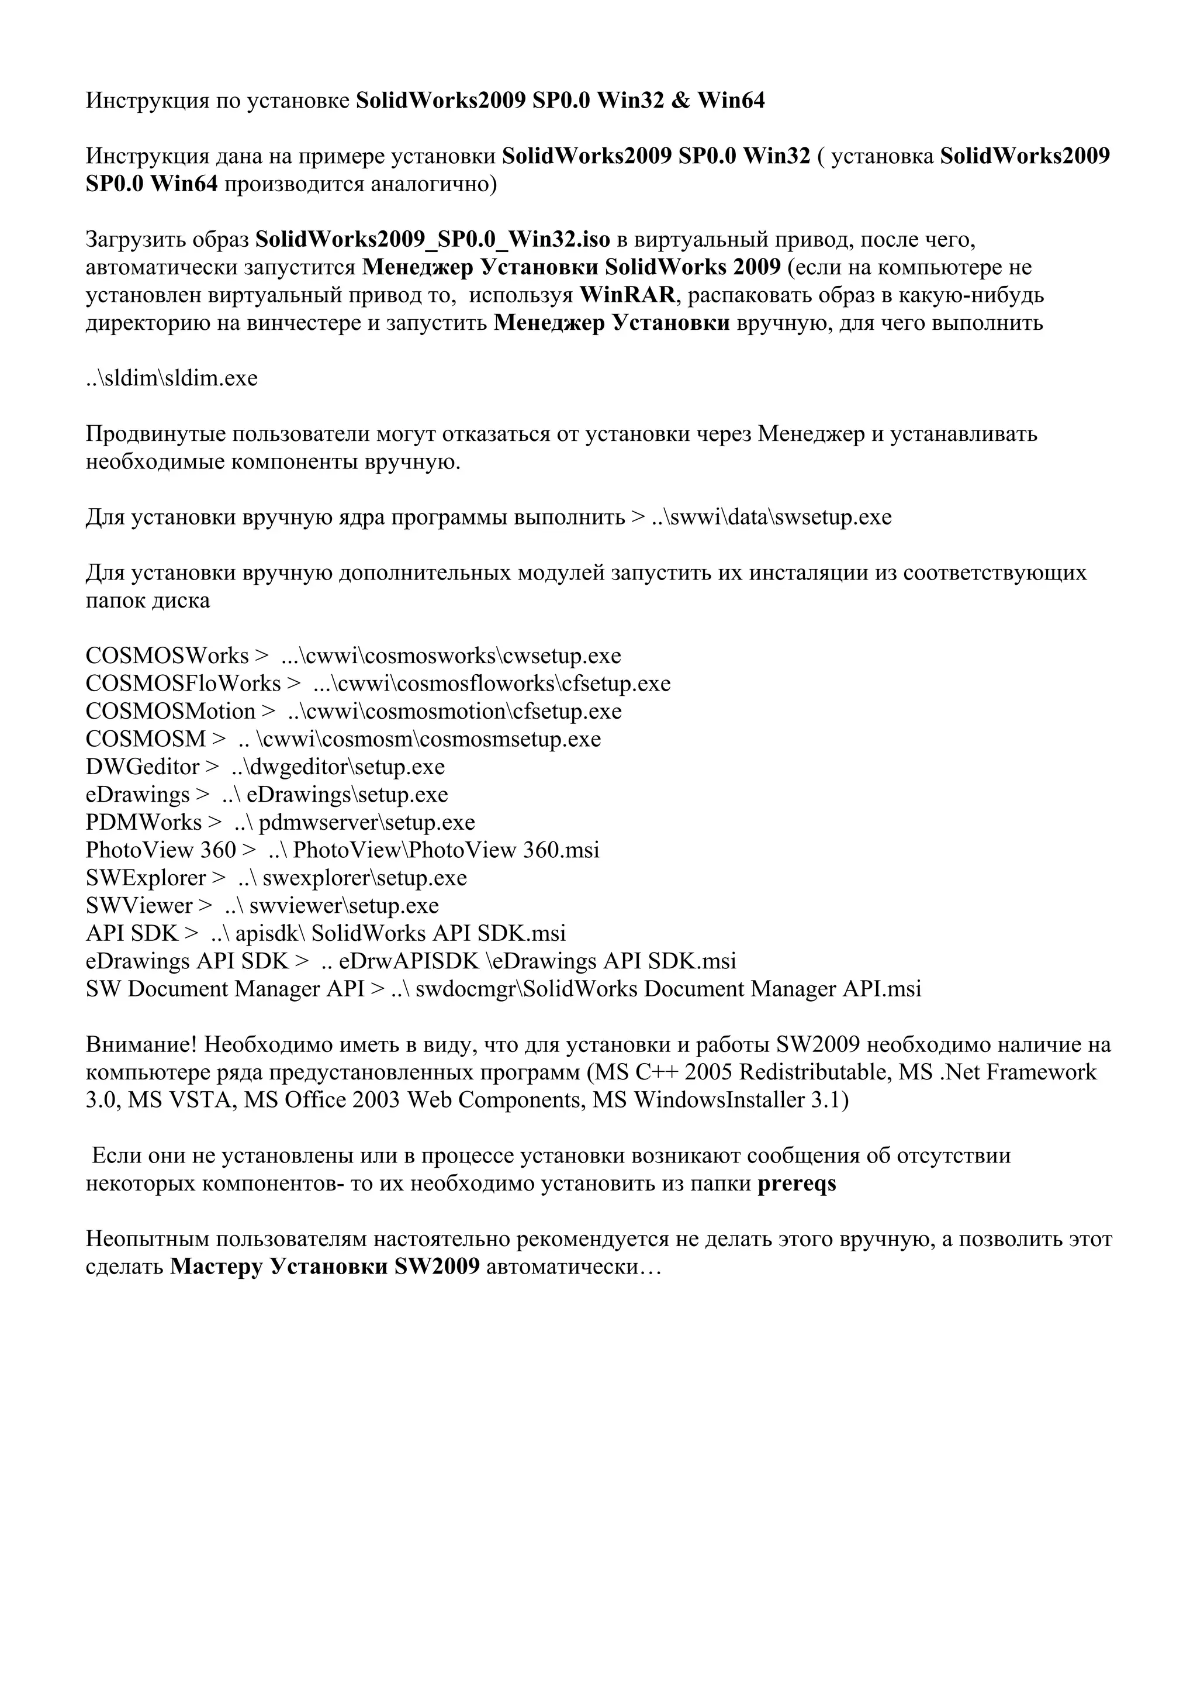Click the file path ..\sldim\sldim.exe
[171, 378]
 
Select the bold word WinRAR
[627, 295]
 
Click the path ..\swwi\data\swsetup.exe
[772, 517]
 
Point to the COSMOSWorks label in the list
[167, 656]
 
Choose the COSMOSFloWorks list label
[183, 684]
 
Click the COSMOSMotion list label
[170, 712]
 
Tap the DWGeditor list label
[143, 767]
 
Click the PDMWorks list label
[144, 823]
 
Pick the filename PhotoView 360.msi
[504, 851]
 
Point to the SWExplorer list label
[146, 878]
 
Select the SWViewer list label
[139, 906]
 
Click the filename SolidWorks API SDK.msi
[439, 934]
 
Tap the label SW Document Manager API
[225, 989]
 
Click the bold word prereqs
[797, 1184]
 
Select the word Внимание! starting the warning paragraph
[141, 1045]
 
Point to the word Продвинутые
[157, 434]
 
